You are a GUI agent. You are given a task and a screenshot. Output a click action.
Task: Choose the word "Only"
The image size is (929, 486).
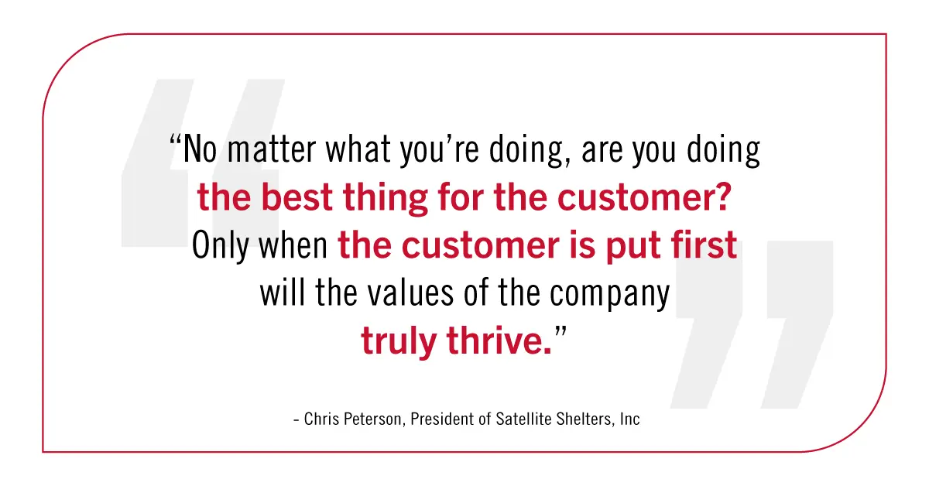[x=220, y=245]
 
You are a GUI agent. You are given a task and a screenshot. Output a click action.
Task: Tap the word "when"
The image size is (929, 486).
[x=293, y=245]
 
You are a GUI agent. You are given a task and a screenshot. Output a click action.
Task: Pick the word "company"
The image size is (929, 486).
[x=610, y=295]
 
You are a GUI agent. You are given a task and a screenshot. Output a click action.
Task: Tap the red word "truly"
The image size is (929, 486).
[x=399, y=342]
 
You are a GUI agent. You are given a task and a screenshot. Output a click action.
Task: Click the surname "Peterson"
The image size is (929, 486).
[x=373, y=419]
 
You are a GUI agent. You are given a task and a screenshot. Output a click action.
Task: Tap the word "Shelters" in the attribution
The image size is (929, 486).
[x=584, y=419]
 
